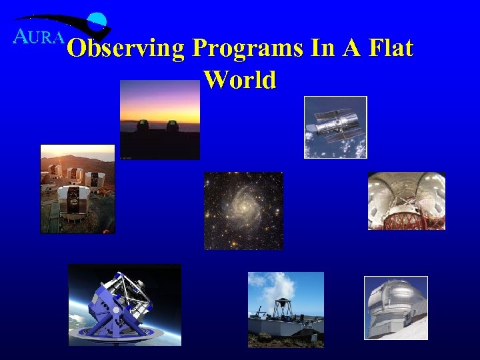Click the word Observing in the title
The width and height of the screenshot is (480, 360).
(126, 49)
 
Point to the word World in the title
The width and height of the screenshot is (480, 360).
(239, 79)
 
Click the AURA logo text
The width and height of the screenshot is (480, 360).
(38, 37)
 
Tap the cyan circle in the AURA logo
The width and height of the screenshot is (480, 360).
(99, 21)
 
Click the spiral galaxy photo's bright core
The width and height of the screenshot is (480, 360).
(243, 208)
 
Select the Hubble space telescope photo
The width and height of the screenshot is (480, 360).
(335, 127)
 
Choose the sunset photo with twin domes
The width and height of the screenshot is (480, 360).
(159, 120)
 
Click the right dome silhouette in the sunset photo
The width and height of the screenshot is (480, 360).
(172, 125)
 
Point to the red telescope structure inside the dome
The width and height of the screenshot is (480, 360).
(407, 213)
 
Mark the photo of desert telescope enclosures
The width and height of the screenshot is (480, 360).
(77, 189)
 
